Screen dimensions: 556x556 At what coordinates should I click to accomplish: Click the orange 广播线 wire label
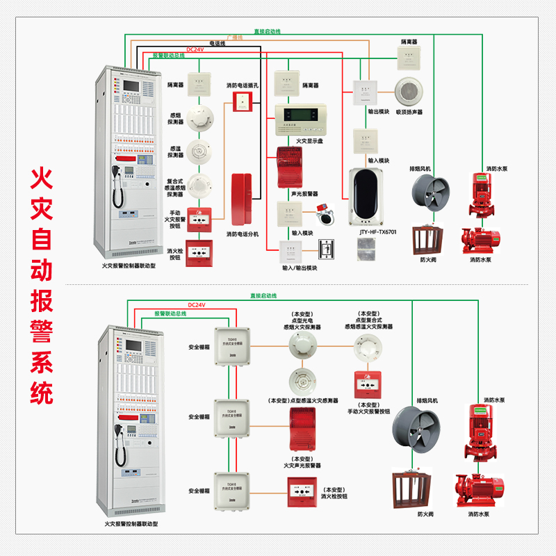(x=234, y=37)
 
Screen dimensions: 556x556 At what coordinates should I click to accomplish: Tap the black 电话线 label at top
(x=218, y=43)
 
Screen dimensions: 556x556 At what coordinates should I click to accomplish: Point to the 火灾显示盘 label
(x=310, y=140)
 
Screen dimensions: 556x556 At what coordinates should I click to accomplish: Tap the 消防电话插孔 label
(x=243, y=85)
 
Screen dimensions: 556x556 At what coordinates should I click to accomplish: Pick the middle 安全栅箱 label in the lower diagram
(x=199, y=417)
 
